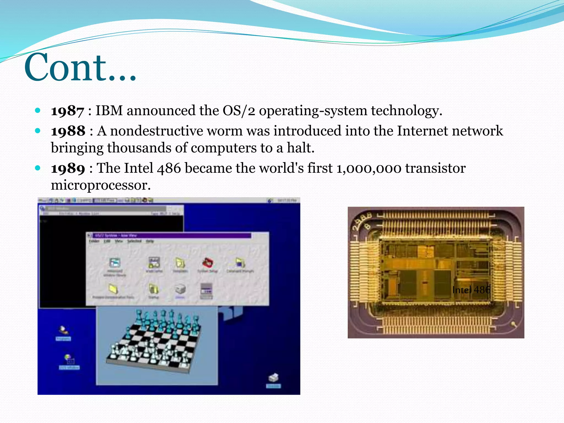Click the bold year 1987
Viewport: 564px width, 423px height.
tap(67, 111)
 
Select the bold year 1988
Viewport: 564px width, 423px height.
tap(68, 131)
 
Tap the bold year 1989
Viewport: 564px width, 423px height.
tap(68, 169)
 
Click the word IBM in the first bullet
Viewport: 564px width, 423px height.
tap(109, 111)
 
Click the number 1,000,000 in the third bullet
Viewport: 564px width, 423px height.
tap(369, 169)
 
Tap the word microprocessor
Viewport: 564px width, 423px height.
tap(101, 185)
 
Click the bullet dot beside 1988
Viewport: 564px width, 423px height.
tap(38, 131)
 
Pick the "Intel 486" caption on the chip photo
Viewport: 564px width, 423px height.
tap(471, 290)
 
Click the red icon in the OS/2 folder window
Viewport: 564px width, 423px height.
tap(208, 263)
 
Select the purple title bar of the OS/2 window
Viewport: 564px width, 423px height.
tap(171, 235)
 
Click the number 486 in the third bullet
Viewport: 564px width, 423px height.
tap(169, 169)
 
